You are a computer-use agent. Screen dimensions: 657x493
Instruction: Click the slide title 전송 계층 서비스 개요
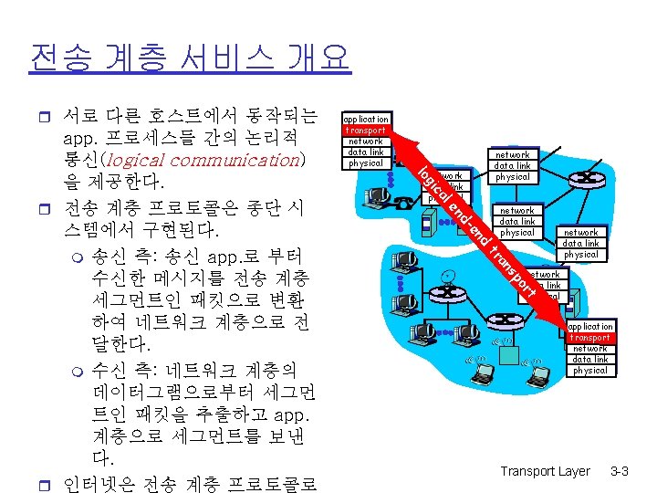pos(190,58)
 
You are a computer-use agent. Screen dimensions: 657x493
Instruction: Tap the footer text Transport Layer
pos(545,471)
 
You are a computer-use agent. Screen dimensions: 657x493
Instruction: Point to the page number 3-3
pos(620,471)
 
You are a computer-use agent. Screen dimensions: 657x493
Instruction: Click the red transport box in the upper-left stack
pos(366,131)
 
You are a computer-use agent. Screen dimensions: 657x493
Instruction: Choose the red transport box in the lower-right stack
pos(590,338)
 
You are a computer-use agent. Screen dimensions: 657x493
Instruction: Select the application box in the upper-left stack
pos(366,119)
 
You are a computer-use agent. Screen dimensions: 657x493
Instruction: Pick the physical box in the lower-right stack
pos(590,371)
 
